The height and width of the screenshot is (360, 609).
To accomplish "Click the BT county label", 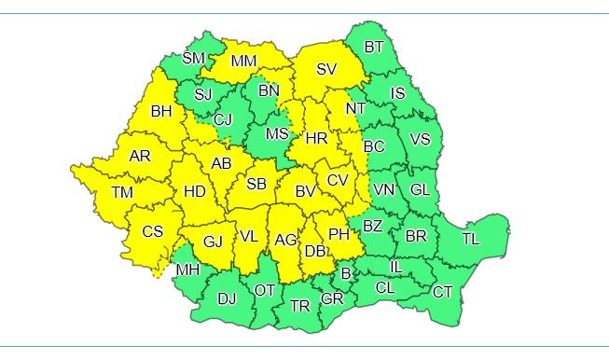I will pyautogui.click(x=374, y=47).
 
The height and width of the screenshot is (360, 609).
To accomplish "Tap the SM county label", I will pyautogui.click(x=193, y=58).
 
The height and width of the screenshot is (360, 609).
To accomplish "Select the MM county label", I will pyautogui.click(x=243, y=62).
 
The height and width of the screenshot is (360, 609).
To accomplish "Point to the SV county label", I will pyautogui.click(x=326, y=69).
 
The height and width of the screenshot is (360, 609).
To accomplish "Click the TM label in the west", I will pyautogui.click(x=121, y=192).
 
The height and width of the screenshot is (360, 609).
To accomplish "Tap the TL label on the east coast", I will pyautogui.click(x=470, y=239).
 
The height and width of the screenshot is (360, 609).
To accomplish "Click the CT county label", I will pyautogui.click(x=442, y=292).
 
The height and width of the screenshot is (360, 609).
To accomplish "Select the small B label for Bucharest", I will pyautogui.click(x=345, y=273).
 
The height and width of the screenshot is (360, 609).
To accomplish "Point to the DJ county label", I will pyautogui.click(x=227, y=298).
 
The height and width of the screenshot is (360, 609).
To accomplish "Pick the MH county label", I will pyautogui.click(x=187, y=270).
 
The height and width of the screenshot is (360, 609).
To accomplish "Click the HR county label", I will pyautogui.click(x=316, y=137).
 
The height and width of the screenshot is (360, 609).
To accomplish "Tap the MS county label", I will pyautogui.click(x=277, y=133).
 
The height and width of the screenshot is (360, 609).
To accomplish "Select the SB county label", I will pyautogui.click(x=256, y=184).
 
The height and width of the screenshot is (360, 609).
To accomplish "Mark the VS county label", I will pyautogui.click(x=421, y=139).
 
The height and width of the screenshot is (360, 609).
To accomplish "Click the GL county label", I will pyautogui.click(x=421, y=189).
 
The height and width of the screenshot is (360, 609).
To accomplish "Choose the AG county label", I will pyautogui.click(x=285, y=240).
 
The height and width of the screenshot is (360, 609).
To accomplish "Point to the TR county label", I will pyautogui.click(x=299, y=306).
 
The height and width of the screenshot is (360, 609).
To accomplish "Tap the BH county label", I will pyautogui.click(x=161, y=111).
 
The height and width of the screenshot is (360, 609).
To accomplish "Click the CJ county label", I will pyautogui.click(x=223, y=118).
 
